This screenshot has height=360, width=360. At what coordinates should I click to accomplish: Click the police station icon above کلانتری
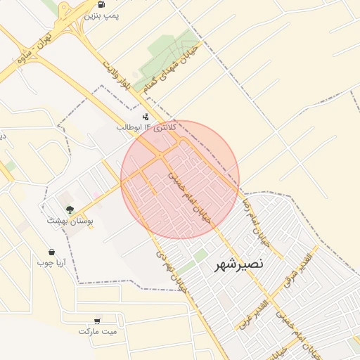coord(146,116)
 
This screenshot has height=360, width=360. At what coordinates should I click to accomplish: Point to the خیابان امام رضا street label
coord(262,220)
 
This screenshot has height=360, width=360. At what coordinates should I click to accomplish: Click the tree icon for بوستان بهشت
coord(70,209)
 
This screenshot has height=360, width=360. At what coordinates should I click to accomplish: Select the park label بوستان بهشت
coord(70,221)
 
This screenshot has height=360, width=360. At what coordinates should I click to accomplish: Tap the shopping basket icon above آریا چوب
coord(51,252)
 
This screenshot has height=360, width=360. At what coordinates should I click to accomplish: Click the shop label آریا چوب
coord(51,263)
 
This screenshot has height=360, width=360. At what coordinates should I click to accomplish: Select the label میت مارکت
coord(98,331)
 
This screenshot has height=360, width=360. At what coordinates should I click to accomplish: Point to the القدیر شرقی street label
coord(297,272)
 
